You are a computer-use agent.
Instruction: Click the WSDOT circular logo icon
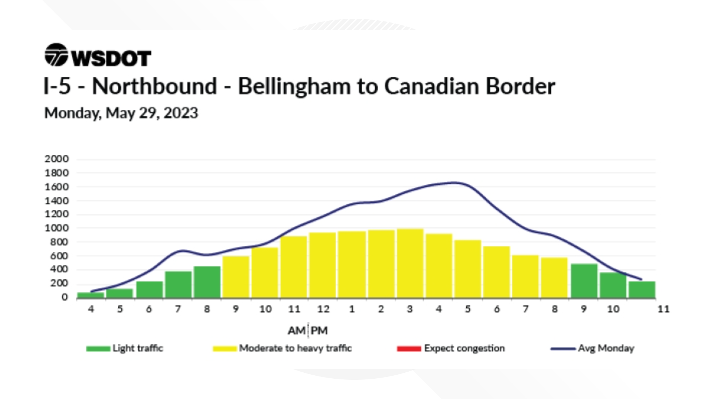56,55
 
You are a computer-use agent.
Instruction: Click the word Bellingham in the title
294,86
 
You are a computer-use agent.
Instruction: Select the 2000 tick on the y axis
57,159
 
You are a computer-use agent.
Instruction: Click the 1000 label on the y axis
57,228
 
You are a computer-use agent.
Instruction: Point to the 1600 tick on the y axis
57,187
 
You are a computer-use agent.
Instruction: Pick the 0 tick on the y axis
65,297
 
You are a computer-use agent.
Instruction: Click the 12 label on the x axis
323,309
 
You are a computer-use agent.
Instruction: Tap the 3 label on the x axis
409,309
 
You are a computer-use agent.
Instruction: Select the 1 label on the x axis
352,309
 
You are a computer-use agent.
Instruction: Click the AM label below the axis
297,331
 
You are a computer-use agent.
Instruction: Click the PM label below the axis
319,331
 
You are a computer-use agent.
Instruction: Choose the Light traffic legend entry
138,348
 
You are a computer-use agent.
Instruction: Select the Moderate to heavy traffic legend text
295,348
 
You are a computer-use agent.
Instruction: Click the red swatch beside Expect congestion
409,349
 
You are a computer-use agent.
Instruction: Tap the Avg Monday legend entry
606,348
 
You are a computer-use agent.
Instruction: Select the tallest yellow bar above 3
410,263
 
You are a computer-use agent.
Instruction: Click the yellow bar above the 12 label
322,265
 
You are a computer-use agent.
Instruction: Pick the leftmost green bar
91,295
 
